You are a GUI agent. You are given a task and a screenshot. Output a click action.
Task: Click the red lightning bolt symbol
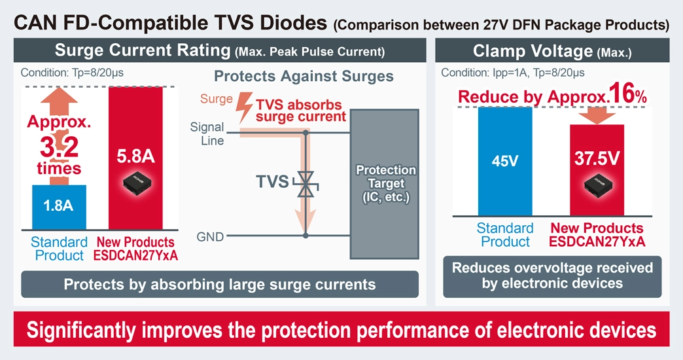click(246, 106)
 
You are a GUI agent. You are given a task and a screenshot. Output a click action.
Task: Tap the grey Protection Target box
click(385, 184)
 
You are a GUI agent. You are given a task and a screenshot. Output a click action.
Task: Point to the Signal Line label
click(207, 134)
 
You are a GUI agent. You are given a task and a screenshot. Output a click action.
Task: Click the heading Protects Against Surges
click(304, 77)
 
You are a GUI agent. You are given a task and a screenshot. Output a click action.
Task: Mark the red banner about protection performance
click(341, 329)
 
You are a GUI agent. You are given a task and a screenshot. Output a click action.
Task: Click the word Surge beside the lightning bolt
click(217, 99)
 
